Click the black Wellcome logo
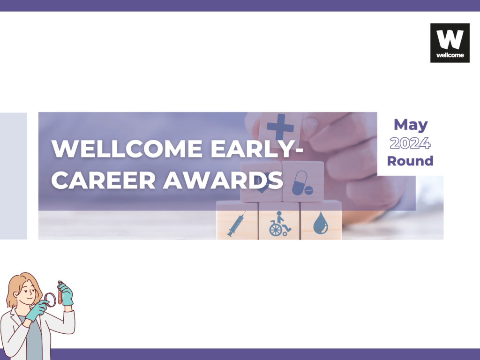point(450,43)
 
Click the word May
point(411,125)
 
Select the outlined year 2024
point(410,143)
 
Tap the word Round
point(410,161)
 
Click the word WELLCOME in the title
point(127,149)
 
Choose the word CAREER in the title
point(104,180)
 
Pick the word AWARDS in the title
point(223,180)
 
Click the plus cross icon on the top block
point(280,127)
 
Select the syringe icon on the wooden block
point(236,224)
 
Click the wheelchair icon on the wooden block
point(279,224)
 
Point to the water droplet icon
point(321,223)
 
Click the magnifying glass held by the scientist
point(50,300)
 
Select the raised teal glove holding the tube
point(66,294)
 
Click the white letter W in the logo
point(450,39)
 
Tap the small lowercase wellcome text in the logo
point(450,55)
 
